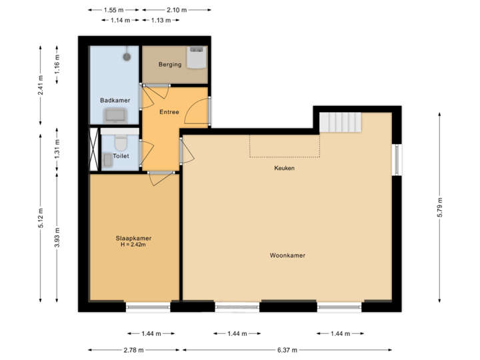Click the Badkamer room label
[x=114, y=100]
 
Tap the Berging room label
[x=170, y=65]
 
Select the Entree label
[x=169, y=112]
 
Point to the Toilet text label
[x=121, y=156]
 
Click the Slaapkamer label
[x=133, y=238]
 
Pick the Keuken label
[x=284, y=168]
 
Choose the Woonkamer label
[x=287, y=255]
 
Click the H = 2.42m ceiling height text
[x=133, y=245]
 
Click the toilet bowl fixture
[x=121, y=143]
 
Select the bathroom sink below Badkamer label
[x=116, y=115]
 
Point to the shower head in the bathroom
[x=126, y=57]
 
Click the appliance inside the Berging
[x=197, y=57]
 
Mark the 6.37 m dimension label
[x=287, y=350]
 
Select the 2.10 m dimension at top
[x=177, y=10]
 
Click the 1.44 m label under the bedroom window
[x=149, y=333]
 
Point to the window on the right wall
[x=397, y=160]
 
